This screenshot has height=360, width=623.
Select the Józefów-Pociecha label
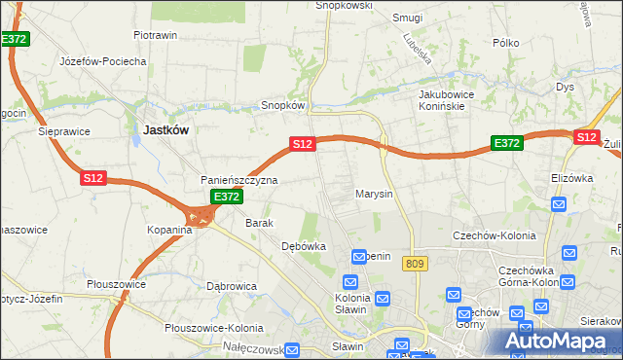coord(102,61)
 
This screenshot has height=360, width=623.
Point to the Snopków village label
coord(284,105)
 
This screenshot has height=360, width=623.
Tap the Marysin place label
coord(374,194)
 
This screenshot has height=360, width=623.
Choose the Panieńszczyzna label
coord(239,181)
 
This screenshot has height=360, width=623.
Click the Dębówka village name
coord(303,247)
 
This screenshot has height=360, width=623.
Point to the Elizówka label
coord(571,179)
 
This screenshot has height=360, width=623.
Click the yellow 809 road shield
coord(417,263)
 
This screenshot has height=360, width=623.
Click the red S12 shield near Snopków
coord(303,144)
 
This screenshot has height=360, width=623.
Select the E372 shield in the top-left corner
coord(14,39)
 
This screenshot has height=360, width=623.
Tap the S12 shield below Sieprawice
coord(92,178)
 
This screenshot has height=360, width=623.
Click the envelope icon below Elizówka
coord(559,204)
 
